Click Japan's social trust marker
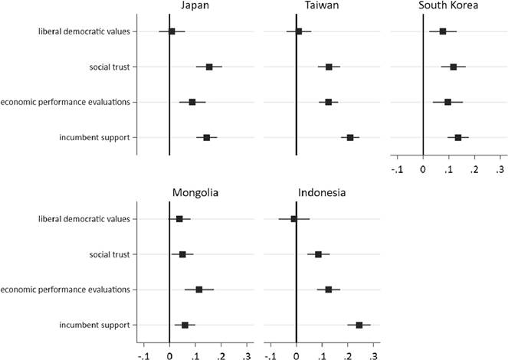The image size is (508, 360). (209, 67)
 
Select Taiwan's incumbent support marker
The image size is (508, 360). (350, 137)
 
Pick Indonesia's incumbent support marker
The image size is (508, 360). (359, 325)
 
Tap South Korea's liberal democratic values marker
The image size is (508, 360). (443, 31)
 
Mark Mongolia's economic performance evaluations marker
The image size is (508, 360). (199, 290)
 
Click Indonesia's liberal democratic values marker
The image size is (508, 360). (293, 219)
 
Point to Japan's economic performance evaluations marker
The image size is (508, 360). (192, 102)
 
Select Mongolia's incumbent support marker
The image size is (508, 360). (185, 325)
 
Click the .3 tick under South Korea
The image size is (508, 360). (500, 169)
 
